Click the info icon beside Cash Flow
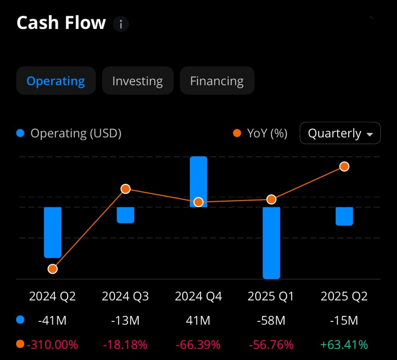(x=121, y=24)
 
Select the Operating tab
(x=56, y=81)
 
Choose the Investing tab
(x=138, y=81)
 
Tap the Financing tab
(x=217, y=81)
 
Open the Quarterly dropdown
(x=340, y=133)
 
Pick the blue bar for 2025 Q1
(x=271, y=248)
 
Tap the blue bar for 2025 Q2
(x=344, y=216)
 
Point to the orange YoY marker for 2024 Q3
(x=125, y=189)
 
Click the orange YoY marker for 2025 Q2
(x=344, y=166)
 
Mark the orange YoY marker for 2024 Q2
(x=52, y=269)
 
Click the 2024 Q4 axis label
(x=198, y=296)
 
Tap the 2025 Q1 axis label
(x=271, y=296)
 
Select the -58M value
(x=271, y=320)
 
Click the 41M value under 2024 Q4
(x=198, y=320)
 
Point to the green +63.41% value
(x=344, y=344)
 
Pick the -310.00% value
(x=52, y=344)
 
